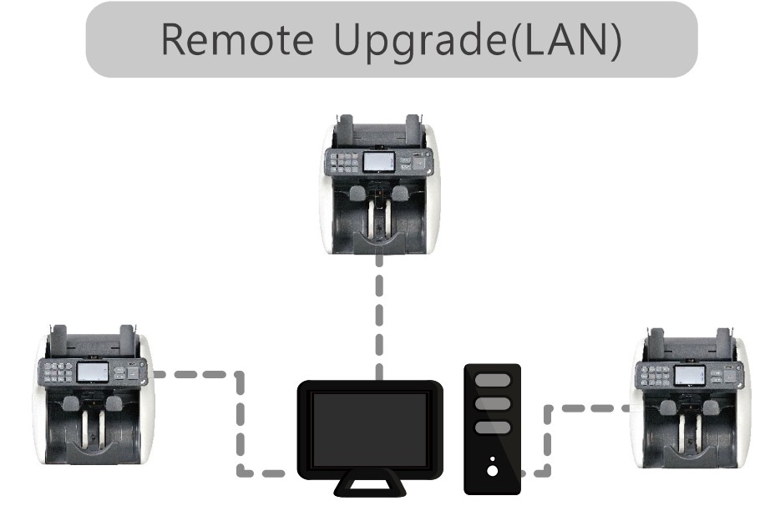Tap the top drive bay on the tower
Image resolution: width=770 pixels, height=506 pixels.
coord(492,381)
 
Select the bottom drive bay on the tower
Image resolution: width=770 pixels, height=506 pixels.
coord(492,428)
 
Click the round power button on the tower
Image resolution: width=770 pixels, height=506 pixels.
coord(492,470)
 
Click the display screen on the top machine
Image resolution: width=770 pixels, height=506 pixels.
coord(378,161)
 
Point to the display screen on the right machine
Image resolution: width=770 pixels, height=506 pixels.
coord(689,375)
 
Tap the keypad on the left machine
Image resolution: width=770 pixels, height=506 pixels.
coord(58,372)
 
